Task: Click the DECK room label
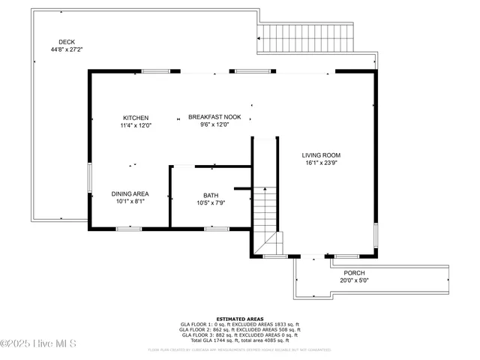tap(67, 42)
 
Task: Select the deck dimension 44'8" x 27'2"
tap(67, 50)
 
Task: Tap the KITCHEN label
tap(136, 118)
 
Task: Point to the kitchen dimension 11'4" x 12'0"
tap(136, 126)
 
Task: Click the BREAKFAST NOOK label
tap(214, 117)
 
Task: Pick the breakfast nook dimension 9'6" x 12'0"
tap(214, 125)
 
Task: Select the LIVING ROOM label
tap(326, 155)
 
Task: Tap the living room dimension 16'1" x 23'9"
tap(326, 163)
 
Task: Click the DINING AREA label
tap(130, 193)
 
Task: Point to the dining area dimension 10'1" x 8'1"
tap(130, 201)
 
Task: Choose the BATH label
tap(211, 195)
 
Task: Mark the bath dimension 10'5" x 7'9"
tap(211, 202)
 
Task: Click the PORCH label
tap(354, 273)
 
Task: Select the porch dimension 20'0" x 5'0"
tap(354, 280)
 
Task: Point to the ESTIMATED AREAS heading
tap(239, 319)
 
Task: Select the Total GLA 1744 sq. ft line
tap(239, 340)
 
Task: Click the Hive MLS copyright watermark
tap(38, 344)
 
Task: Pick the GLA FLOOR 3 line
tap(239, 334)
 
